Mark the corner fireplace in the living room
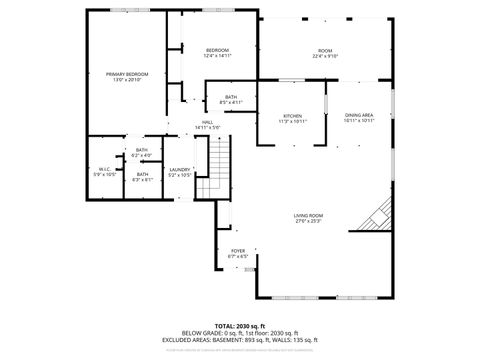378,215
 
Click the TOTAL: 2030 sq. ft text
240,326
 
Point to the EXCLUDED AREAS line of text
240,340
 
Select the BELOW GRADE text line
240,333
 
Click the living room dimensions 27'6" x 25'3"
308,221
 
